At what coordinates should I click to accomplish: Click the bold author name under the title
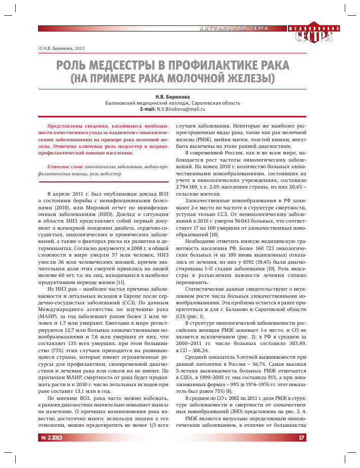click(x=173, y=96)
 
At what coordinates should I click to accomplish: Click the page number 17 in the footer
click(x=301, y=438)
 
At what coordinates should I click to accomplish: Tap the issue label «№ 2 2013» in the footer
click(x=51, y=438)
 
